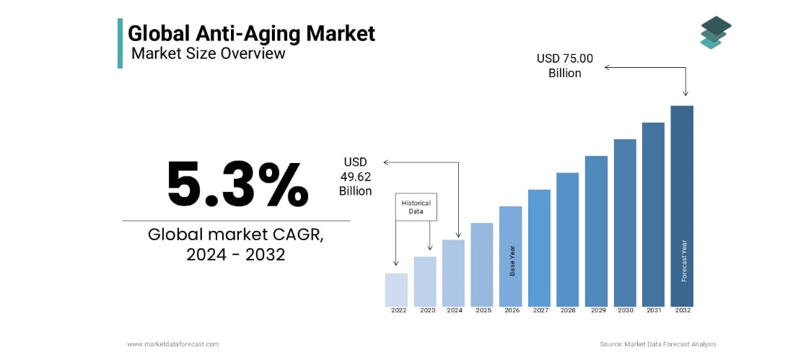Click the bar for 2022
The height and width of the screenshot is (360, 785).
[396, 289]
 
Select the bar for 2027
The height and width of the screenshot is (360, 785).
[539, 247]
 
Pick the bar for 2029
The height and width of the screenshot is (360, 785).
[596, 231]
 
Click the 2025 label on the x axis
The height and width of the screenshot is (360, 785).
[483, 310]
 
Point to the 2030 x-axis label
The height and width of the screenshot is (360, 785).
[625, 310]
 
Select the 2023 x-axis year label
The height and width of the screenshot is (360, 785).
[428, 310]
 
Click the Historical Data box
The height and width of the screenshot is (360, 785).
[416, 207]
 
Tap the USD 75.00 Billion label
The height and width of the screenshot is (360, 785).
[565, 66]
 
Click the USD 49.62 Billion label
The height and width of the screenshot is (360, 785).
[356, 176]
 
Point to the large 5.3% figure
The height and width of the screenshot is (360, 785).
[237, 185]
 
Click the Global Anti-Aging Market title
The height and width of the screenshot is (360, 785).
[251, 33]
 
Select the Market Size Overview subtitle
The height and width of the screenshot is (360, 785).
[208, 53]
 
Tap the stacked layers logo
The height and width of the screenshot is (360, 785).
[715, 32]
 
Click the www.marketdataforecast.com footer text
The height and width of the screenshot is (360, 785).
[173, 344]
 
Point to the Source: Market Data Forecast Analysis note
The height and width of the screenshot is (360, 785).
[657, 344]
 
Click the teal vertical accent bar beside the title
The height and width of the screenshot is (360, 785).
[120, 43]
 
